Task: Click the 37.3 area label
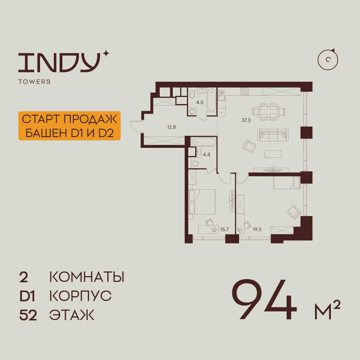[x=246, y=120]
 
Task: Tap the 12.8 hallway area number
[x=171, y=127]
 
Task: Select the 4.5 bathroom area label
[x=200, y=102]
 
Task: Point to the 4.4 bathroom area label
[x=206, y=155]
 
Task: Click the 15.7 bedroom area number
[x=224, y=229]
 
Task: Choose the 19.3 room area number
[x=257, y=229]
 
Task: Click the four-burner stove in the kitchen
[x=245, y=91]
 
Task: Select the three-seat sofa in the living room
[x=273, y=135]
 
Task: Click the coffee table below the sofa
[x=273, y=154]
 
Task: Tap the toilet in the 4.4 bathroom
[x=195, y=163]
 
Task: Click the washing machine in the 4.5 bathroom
[x=192, y=111]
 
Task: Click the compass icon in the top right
[x=328, y=59]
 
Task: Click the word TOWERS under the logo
[x=35, y=81]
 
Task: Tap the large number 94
[x=264, y=300]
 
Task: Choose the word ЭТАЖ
[x=72, y=315]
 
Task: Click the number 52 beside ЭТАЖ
[x=28, y=315]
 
